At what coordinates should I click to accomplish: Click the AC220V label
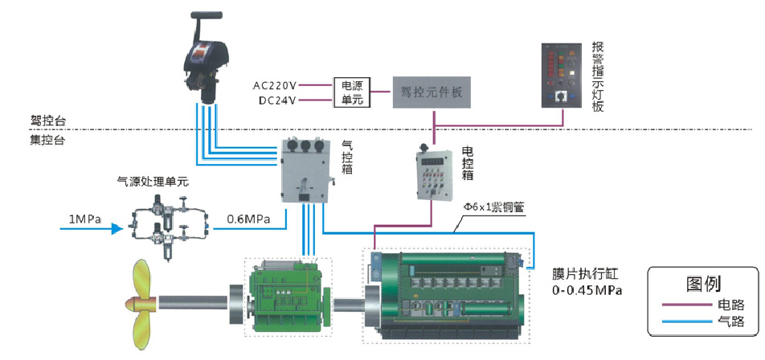tap(275, 84)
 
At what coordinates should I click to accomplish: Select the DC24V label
tap(276, 100)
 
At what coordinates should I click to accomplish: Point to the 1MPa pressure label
tap(83, 218)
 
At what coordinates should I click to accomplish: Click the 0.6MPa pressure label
tap(248, 218)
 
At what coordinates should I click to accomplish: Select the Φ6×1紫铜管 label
tap(492, 207)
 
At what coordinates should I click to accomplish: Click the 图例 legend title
tap(703, 284)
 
